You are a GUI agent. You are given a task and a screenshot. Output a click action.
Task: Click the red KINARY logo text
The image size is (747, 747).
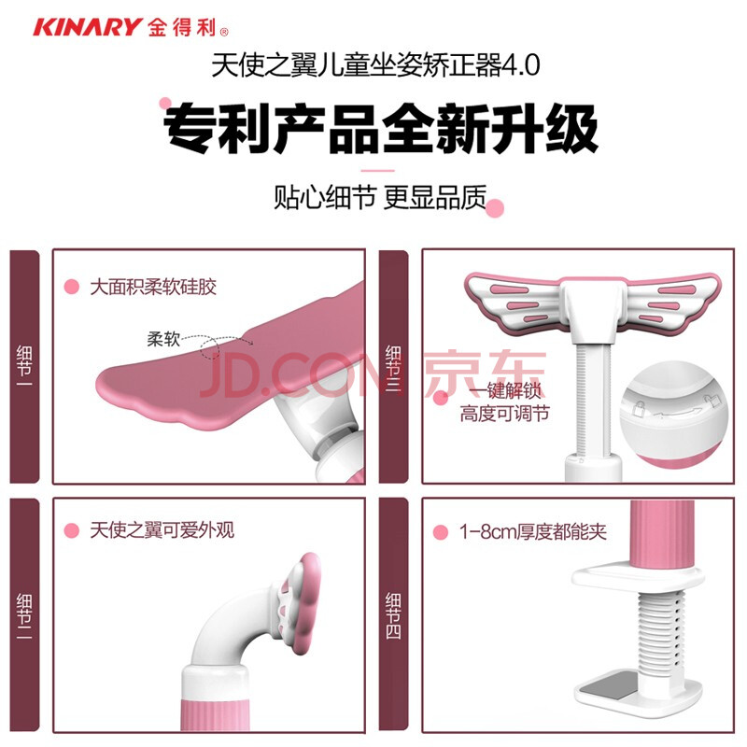[88, 27]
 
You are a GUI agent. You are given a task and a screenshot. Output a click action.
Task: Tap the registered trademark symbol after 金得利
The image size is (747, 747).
[224, 32]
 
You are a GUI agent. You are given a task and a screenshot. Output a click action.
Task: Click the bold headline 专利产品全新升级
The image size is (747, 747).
[381, 129]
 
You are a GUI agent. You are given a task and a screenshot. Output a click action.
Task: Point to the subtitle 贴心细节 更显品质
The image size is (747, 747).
[380, 197]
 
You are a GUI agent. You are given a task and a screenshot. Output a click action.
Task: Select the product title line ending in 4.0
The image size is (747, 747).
[375, 64]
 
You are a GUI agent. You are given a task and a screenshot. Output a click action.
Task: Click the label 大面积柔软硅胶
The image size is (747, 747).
[153, 287]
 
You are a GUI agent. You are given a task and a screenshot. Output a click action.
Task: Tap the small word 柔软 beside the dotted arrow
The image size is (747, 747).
[163, 339]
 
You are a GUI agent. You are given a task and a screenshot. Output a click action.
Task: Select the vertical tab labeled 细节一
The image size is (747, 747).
[24, 366]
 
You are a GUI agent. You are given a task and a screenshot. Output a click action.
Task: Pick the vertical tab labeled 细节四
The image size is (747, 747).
[393, 615]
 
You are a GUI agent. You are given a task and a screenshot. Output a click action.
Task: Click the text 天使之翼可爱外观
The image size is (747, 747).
[162, 530]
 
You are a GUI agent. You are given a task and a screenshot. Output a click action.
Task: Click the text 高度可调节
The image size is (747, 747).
[505, 414]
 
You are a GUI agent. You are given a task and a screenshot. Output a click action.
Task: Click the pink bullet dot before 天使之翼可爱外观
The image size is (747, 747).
[72, 530]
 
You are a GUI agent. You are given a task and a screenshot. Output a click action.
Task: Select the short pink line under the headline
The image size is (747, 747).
[377, 170]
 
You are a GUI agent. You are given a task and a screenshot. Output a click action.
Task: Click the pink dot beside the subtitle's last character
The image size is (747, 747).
[496, 208]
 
